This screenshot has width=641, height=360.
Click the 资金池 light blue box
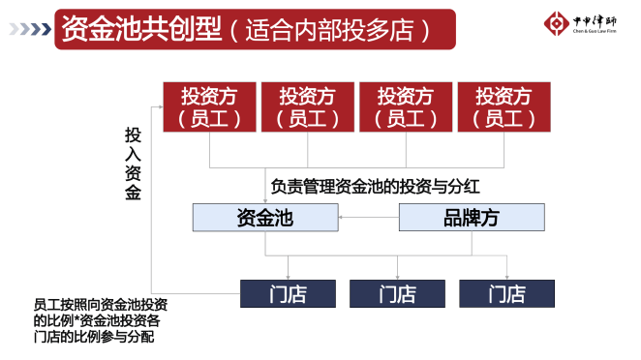tap(264, 218)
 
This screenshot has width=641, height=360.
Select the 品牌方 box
tap(471, 218)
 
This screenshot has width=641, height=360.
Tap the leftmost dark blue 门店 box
tap(288, 293)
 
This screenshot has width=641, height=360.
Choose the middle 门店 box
tap(397, 293)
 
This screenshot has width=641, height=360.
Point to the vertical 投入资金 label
tap(133, 163)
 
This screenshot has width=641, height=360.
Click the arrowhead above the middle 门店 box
tap(397, 276)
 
